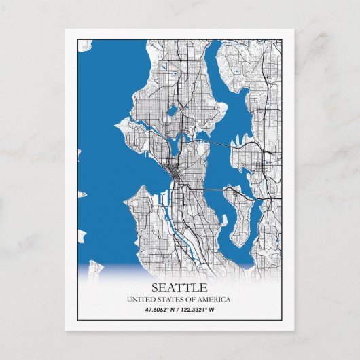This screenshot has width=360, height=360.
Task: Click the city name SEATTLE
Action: [180, 287]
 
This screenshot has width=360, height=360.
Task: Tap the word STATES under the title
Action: [170, 300]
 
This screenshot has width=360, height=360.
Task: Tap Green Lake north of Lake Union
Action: [173, 109]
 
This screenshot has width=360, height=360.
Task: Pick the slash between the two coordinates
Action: [180, 311]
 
